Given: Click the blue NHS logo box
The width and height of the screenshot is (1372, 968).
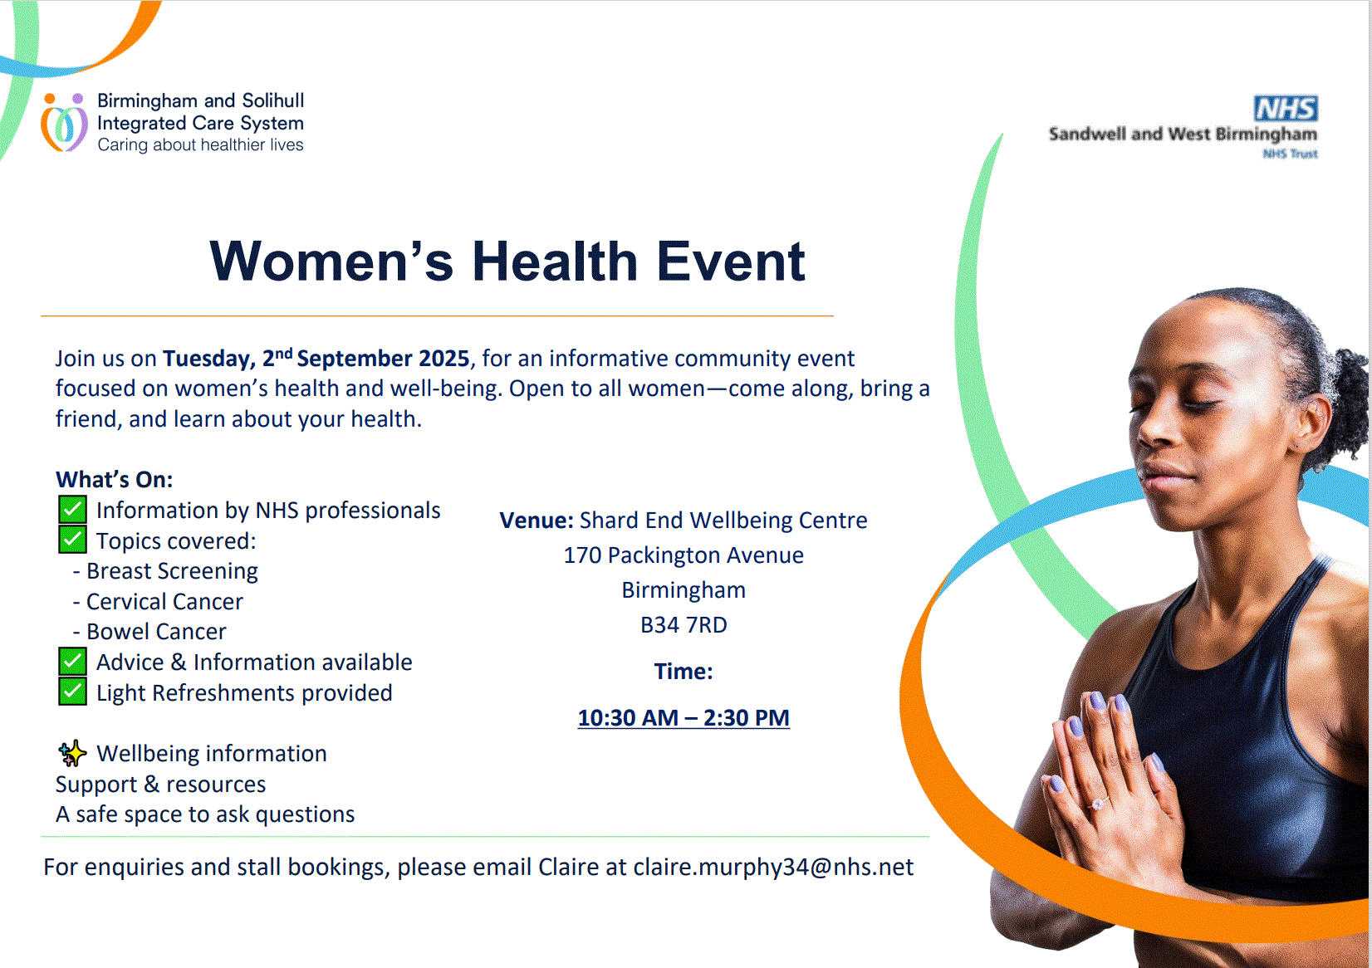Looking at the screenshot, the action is point(1286,109).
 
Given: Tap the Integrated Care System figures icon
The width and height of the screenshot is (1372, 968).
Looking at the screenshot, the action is point(64,123).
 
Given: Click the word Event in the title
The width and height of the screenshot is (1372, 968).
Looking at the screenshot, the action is point(731,262).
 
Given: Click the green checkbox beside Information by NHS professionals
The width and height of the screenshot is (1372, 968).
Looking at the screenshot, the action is point(72,510).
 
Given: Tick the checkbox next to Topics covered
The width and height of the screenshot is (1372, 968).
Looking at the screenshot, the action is point(72,540).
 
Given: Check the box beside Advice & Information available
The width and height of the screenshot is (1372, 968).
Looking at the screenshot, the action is point(72,662).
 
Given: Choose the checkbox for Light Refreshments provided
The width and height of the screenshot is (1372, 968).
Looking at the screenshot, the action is point(72,692).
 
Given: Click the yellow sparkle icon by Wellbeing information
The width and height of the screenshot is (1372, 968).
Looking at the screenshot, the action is point(72,753).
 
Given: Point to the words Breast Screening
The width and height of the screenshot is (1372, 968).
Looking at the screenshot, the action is point(172,571).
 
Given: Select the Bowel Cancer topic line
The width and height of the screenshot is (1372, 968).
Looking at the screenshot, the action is point(149,632).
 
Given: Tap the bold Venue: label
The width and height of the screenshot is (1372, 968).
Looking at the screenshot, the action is point(537,520).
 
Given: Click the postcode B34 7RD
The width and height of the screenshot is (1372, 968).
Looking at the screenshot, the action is point(684,625).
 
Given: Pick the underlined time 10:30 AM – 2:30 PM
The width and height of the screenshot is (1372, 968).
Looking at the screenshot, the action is point(684,717).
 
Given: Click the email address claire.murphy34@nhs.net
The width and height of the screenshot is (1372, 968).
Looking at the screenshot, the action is point(773,867).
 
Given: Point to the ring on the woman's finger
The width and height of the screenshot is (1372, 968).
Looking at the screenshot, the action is point(1098,804).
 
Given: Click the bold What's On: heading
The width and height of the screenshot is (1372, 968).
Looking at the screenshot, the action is point(115,479).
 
